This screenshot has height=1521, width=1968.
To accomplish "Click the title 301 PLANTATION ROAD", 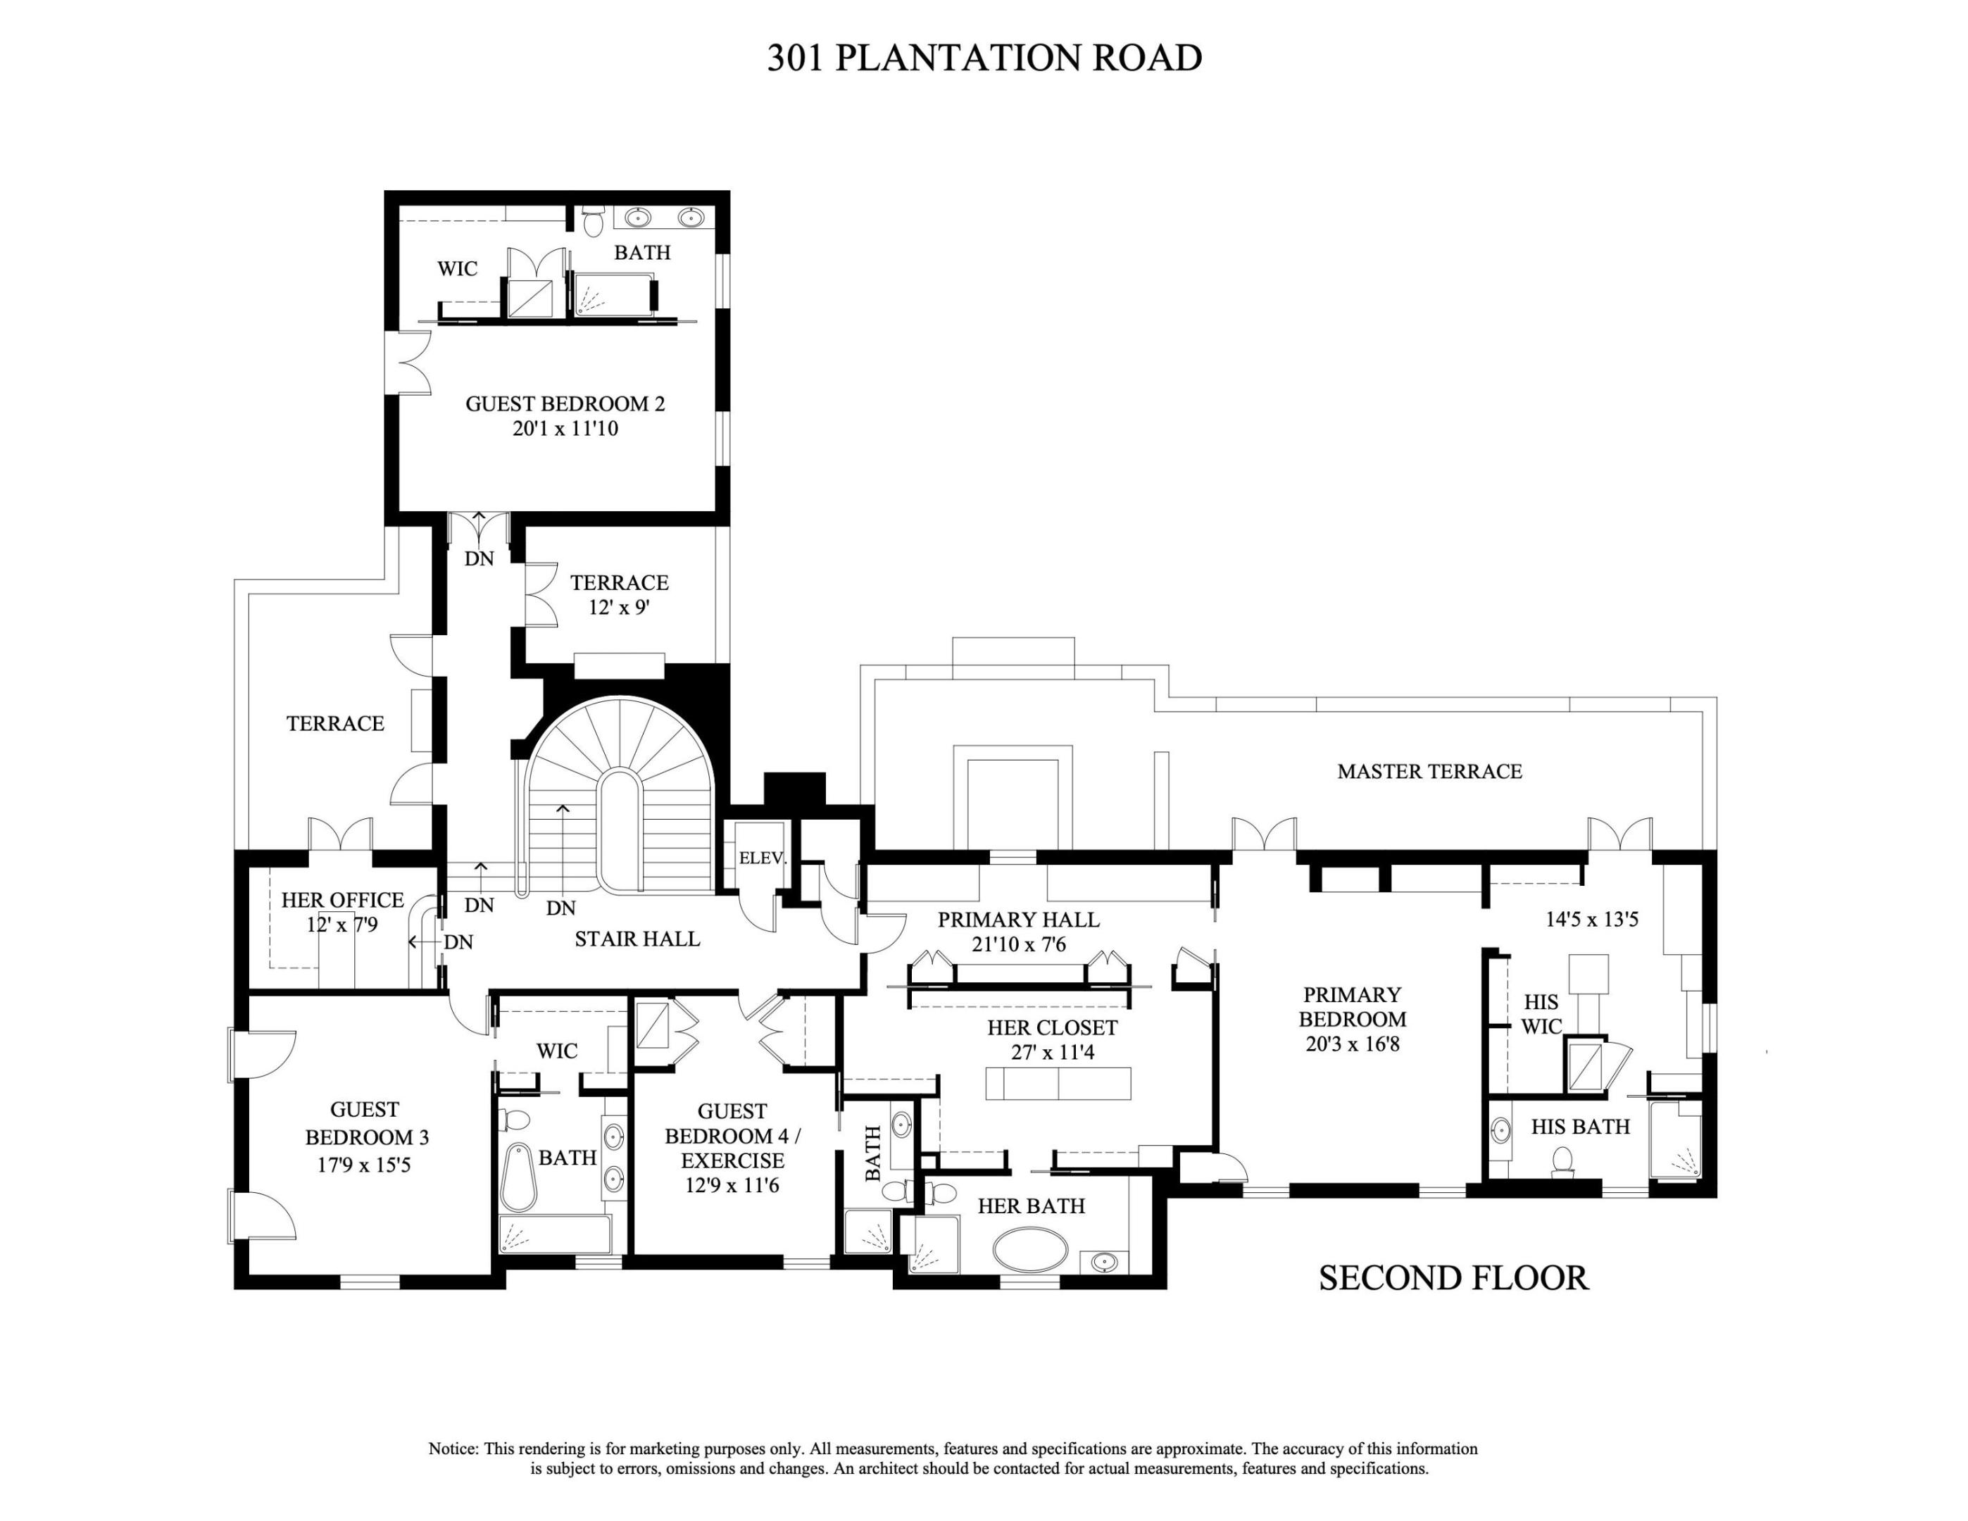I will pyautogui.click(x=984, y=58).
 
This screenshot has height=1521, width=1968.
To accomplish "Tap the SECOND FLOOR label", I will pyautogui.click(x=1453, y=1278).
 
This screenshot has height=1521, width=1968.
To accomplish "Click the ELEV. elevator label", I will pyautogui.click(x=763, y=858).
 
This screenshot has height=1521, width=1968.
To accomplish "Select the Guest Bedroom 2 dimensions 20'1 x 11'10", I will pyautogui.click(x=565, y=429).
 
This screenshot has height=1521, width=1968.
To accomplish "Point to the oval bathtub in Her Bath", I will pyautogui.click(x=1030, y=1250).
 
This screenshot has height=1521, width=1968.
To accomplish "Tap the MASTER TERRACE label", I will pyautogui.click(x=1429, y=771).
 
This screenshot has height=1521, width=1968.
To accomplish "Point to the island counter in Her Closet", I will pyautogui.click(x=1058, y=1083).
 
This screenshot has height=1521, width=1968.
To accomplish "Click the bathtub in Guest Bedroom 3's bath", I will pyautogui.click(x=518, y=1177).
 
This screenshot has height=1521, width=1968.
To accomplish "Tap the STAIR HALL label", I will pyautogui.click(x=637, y=939).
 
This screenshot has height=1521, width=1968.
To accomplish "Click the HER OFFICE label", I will pyautogui.click(x=342, y=899).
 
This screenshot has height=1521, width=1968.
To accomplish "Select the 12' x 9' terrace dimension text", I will pyautogui.click(x=619, y=607).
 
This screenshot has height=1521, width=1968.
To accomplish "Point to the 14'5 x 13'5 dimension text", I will pyautogui.click(x=1591, y=920).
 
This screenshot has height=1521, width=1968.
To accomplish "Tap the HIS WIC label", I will pyautogui.click(x=1541, y=1014).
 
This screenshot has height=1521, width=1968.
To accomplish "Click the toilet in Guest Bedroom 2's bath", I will pyautogui.click(x=592, y=222).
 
